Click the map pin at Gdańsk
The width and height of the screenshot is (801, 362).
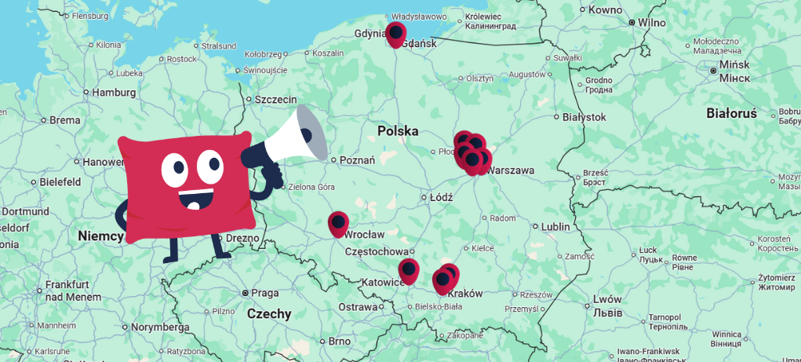pos(395,33)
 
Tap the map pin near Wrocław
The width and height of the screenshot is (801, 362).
pos(338,223)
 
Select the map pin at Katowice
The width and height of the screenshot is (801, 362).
pos(409,269)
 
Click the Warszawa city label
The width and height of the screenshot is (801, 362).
pos(510,170)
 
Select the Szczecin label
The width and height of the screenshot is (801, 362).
pos(276,100)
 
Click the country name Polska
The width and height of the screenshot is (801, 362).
pos(398,131)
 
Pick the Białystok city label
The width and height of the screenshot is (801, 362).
pos(584,117)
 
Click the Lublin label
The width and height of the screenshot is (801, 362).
pos(555,227)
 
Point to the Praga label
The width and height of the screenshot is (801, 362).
pos(264,293)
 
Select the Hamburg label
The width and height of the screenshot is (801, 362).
pos(114,92)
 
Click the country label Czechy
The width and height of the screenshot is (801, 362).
pos(269,314)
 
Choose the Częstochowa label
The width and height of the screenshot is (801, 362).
pos(380,252)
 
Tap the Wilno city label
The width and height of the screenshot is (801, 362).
pos(651,22)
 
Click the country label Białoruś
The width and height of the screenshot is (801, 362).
pos(731,113)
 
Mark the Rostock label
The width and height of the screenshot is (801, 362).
pos(182,59)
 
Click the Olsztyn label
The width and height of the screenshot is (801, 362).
pos(479,78)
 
